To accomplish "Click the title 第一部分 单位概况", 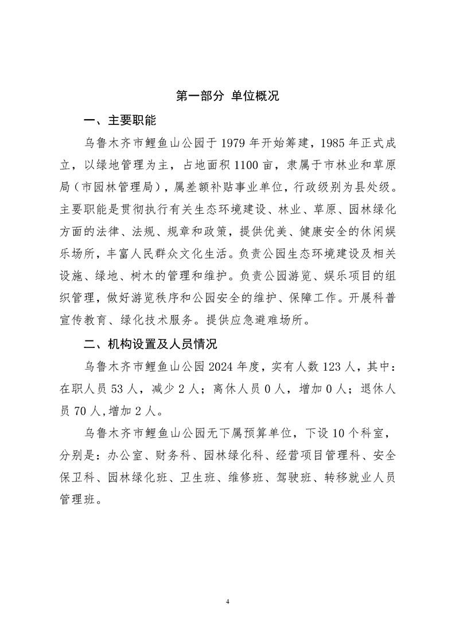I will coord(227,96).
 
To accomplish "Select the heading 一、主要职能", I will coord(119,121).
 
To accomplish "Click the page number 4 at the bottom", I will coord(228,602).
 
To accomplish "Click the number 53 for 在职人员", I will coord(118,388).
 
